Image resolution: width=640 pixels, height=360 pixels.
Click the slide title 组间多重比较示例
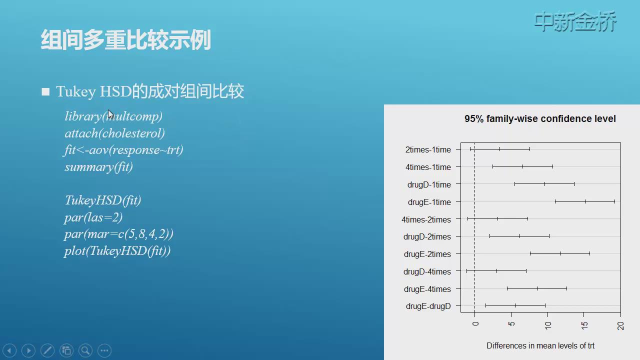(125, 39)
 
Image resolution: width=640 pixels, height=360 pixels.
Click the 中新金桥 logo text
(575, 21)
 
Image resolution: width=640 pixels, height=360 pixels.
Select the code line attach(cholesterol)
(114, 133)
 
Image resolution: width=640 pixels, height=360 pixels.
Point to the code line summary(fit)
(98, 167)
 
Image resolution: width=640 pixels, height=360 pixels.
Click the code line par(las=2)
(93, 217)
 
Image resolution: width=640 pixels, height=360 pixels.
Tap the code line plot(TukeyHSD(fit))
(117, 251)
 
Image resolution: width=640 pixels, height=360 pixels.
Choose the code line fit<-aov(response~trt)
(123, 150)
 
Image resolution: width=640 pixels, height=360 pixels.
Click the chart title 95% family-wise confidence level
(540, 118)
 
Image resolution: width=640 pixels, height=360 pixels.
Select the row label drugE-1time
(429, 202)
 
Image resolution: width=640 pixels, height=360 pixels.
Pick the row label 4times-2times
(426, 219)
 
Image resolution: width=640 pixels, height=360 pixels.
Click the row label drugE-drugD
(428, 306)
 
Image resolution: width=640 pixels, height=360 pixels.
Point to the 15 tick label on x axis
(584, 325)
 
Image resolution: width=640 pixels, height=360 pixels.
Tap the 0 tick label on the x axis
(475, 323)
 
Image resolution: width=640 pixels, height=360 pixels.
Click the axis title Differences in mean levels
(540, 345)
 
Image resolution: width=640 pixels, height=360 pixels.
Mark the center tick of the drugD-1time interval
(544, 184)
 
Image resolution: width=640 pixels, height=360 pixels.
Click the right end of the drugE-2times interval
(589, 253)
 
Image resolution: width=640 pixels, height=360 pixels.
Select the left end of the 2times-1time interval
(470, 149)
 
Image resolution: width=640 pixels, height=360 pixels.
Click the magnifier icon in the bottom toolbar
(85, 350)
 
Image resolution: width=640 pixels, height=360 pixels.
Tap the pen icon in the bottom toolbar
(47, 350)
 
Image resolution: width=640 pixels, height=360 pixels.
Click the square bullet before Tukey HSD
(45, 91)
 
